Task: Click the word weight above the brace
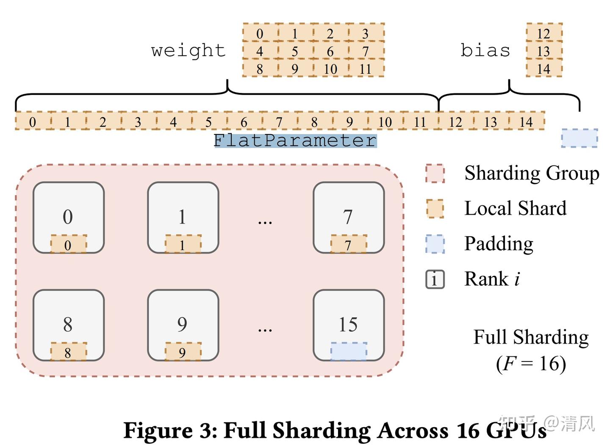pos(188,50)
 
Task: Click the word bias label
pos(485,50)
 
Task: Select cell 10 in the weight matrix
pos(330,69)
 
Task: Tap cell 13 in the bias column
pos(543,51)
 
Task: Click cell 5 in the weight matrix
pos(294,51)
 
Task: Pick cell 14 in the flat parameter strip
pos(526,122)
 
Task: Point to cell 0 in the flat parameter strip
pos(33,122)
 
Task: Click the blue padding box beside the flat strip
pos(579,138)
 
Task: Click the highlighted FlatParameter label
pos(295,140)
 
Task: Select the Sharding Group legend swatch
pos(435,174)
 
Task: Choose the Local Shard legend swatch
pos(435,209)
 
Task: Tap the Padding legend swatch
pos(435,244)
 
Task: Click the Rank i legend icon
pos(435,279)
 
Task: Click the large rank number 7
pos(348,217)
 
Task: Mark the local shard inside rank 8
pos(68,352)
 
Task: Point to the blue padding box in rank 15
pos(348,351)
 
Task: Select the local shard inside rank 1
pos(183,245)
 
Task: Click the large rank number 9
pos(182,325)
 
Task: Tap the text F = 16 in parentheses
pos(531,364)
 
